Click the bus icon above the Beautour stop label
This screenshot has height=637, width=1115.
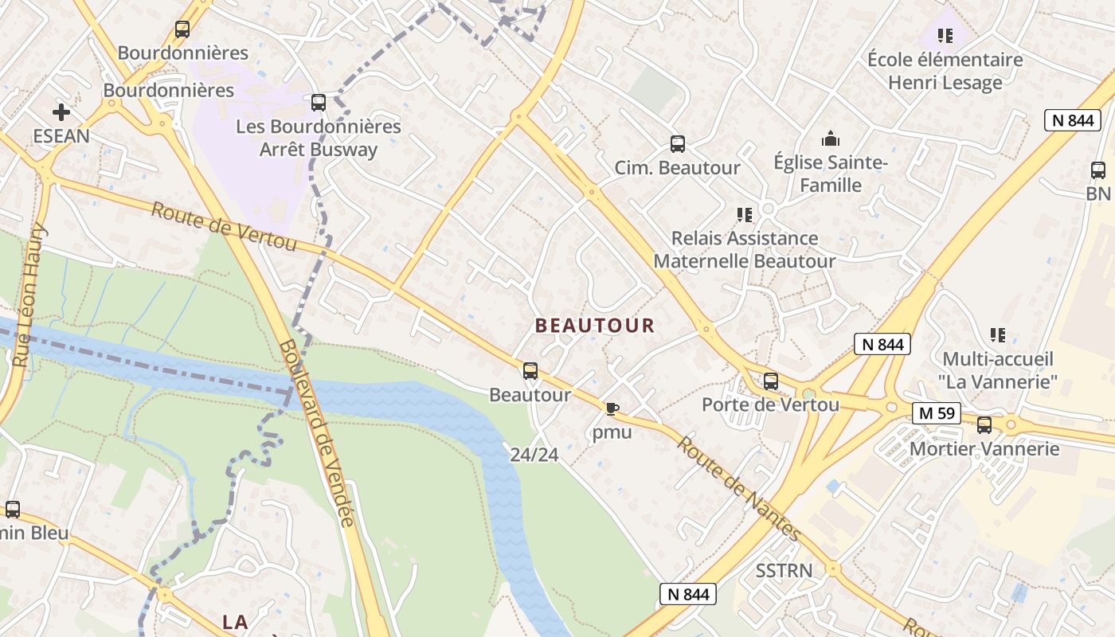530,371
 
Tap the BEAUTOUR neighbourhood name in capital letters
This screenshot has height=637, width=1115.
595,326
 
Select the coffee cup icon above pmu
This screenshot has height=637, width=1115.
612,409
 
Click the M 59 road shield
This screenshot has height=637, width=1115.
937,413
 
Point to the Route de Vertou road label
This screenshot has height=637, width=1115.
224,226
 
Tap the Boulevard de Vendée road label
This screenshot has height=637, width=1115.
316,434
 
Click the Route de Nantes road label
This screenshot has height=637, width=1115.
737,488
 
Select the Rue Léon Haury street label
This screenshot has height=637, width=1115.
30,295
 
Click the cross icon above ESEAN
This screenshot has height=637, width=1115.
61,112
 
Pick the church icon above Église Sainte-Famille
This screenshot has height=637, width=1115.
831,139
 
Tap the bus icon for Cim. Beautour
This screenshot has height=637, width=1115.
678,144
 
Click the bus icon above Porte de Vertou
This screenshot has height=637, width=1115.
770,381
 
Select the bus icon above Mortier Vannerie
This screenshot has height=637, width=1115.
984,425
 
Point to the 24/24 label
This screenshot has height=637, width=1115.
534,455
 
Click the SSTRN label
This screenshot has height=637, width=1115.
784,571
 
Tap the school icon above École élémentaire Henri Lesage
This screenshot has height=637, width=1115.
945,35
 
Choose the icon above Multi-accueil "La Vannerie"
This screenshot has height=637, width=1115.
997,335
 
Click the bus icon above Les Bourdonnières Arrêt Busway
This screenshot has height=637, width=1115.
319,103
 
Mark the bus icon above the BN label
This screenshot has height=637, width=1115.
1098,170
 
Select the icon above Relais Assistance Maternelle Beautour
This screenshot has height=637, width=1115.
745,214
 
